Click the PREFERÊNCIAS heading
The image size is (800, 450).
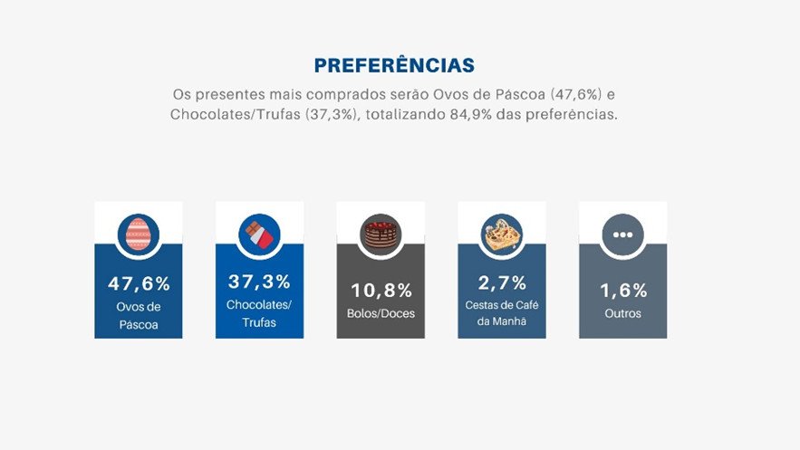pyautogui.click(x=394, y=66)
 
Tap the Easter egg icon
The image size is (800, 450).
pyautogui.click(x=139, y=234)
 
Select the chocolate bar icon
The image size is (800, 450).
pyautogui.click(x=259, y=234)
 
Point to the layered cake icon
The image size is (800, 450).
pyautogui.click(x=381, y=234)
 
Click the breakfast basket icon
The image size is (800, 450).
pyautogui.click(x=501, y=234)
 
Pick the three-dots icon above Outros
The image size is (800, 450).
pyautogui.click(x=622, y=234)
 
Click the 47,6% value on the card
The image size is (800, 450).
pyautogui.click(x=139, y=283)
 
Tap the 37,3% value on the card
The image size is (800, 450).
pyautogui.click(x=259, y=282)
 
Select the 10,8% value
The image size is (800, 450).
pyautogui.click(x=381, y=291)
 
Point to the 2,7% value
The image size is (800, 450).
pyautogui.click(x=501, y=282)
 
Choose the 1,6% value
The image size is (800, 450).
pyautogui.click(x=622, y=291)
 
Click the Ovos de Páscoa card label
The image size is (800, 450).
pyautogui.click(x=139, y=316)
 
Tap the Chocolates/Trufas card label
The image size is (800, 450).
pyautogui.click(x=259, y=313)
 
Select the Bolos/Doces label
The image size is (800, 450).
pyautogui.click(x=381, y=314)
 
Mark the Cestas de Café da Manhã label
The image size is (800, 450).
pyautogui.click(x=501, y=313)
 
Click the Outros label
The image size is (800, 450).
pyautogui.click(x=622, y=314)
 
